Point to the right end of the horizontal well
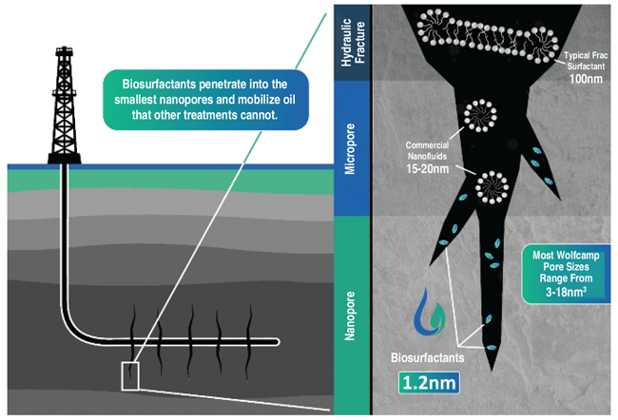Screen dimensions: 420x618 [277, 341]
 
